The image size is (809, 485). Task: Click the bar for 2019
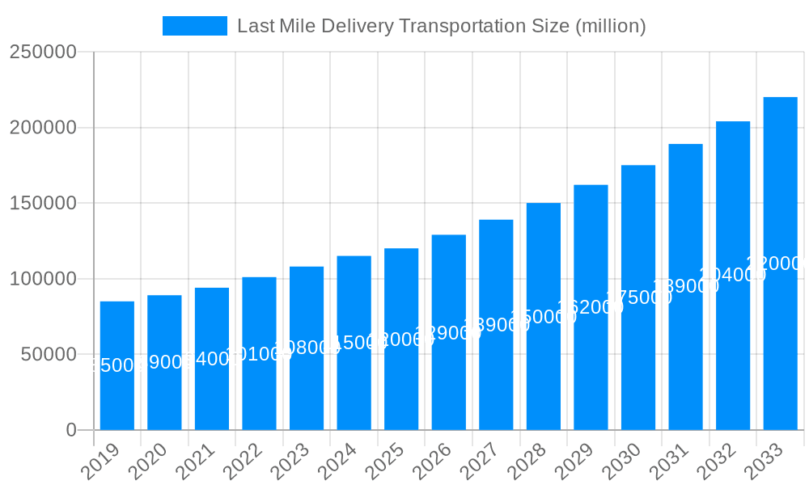click(117, 365)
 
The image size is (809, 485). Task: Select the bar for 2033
click(780, 264)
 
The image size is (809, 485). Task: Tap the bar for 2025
click(401, 339)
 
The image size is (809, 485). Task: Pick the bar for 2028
click(543, 316)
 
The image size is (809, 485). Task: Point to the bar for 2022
click(259, 353)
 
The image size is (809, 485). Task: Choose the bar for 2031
click(685, 287)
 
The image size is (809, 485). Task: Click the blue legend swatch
click(195, 26)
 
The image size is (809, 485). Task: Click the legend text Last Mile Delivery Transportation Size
click(441, 26)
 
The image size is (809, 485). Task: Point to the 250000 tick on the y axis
click(43, 53)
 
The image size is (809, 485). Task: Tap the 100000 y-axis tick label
click(43, 279)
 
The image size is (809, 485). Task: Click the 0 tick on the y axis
click(71, 430)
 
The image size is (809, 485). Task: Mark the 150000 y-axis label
click(43, 203)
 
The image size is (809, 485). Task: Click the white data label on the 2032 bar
click(733, 275)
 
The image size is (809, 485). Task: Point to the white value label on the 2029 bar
click(591, 307)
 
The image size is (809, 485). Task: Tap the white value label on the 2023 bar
click(307, 348)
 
